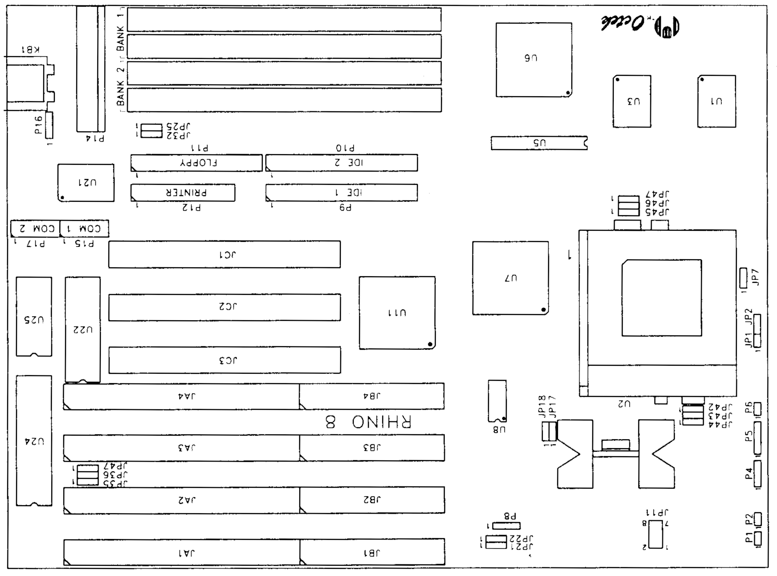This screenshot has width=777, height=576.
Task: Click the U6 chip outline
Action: [533, 60]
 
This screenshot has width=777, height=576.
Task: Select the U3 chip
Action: [632, 102]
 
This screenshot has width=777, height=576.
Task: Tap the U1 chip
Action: [716, 102]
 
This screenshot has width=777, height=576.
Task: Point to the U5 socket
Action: [539, 143]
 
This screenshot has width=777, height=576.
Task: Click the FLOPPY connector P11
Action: [196, 163]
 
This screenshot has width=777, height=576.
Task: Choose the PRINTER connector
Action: [183, 192]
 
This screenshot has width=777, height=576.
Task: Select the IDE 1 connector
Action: [342, 192]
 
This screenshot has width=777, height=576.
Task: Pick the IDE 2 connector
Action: [342, 163]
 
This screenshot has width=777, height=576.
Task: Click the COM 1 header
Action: [84, 229]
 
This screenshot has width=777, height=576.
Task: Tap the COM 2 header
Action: [35, 229]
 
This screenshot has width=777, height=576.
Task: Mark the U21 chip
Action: [86, 183]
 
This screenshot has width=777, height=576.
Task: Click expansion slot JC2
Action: [224, 307]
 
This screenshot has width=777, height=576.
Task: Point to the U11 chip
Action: [397, 313]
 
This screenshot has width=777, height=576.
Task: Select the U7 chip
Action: [510, 278]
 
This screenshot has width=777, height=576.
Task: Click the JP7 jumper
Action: [743, 278]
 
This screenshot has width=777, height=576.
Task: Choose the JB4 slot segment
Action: [372, 396]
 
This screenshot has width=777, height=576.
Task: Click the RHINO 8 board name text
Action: [368, 422]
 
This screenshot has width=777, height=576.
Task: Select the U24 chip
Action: [34, 441]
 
